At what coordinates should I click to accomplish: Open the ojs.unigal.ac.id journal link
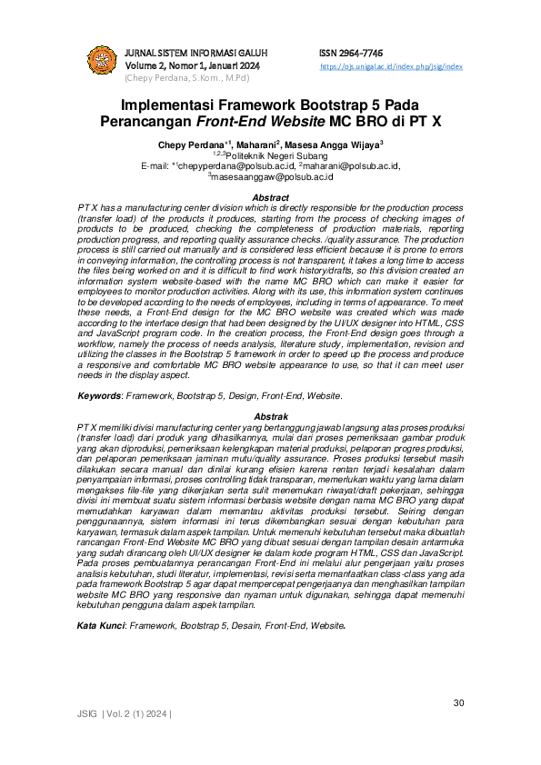(392, 66)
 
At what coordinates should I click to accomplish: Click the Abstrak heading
(270, 414)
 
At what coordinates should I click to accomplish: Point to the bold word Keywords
(98, 396)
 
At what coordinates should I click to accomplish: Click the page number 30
(458, 703)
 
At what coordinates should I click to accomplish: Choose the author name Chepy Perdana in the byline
(192, 144)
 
